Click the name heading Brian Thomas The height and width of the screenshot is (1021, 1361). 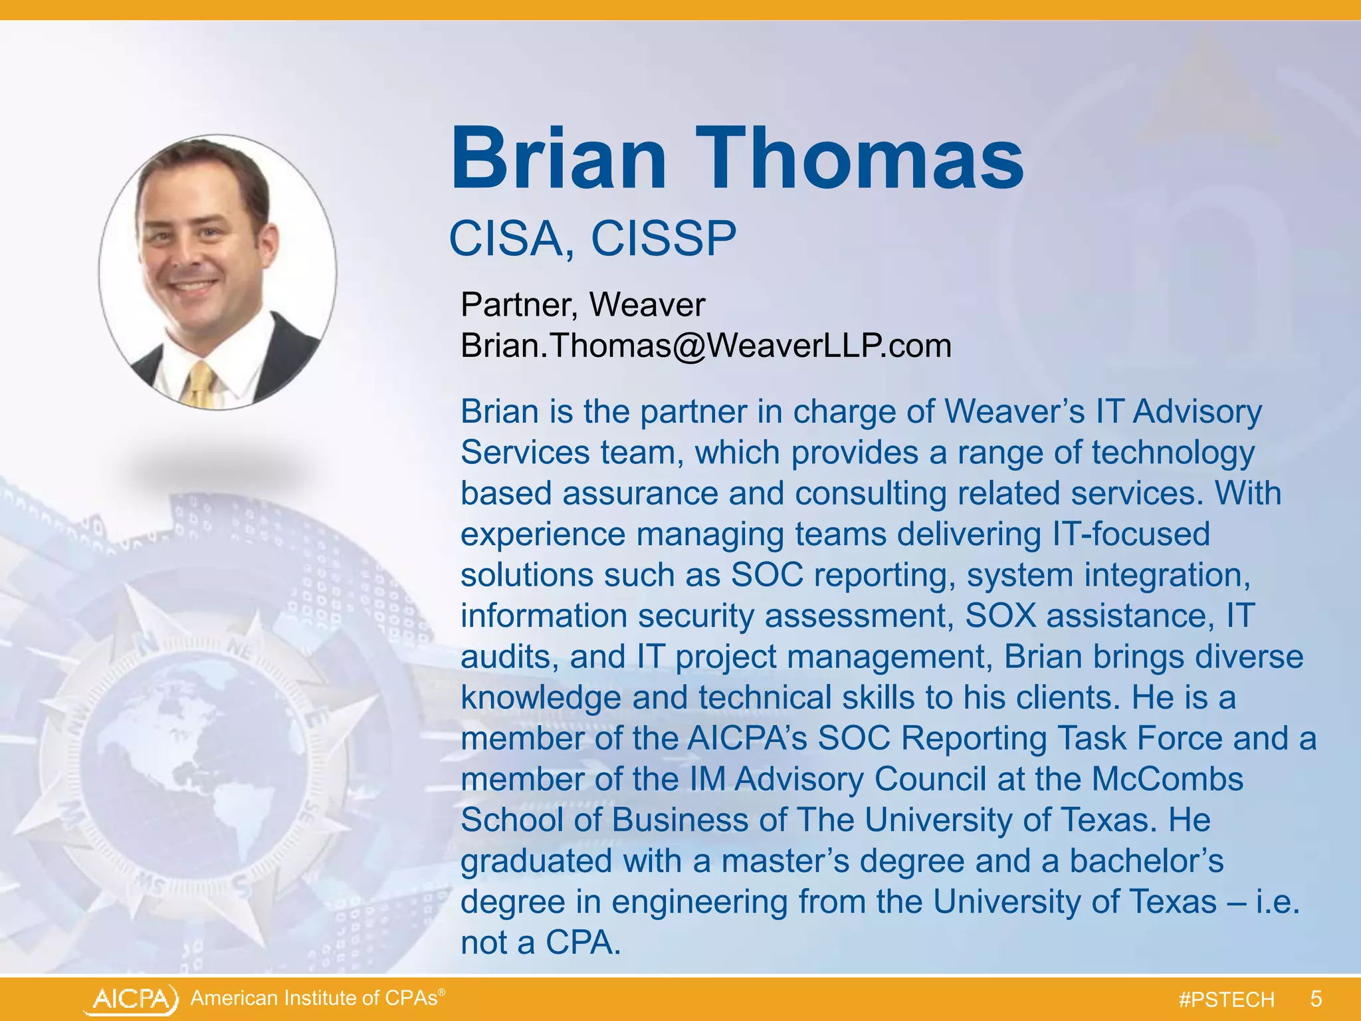pos(736,160)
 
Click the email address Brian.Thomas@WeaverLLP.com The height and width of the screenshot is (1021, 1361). pos(706,346)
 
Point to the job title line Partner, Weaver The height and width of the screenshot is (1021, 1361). pos(582,305)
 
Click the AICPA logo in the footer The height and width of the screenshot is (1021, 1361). pos(132,999)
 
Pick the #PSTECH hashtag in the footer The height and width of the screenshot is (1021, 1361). pos(1226,1000)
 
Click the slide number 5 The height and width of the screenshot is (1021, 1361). pos(1316,999)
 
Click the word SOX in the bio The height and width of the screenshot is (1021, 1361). pos(1000,616)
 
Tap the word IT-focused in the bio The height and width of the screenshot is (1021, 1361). pos(1130,534)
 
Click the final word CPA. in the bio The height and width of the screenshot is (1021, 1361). pos(583,943)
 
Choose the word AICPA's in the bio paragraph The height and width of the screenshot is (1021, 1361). pos(746,738)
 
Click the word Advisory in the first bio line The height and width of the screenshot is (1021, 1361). pos(1197,411)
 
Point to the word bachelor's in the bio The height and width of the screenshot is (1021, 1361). pos(1146,861)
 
